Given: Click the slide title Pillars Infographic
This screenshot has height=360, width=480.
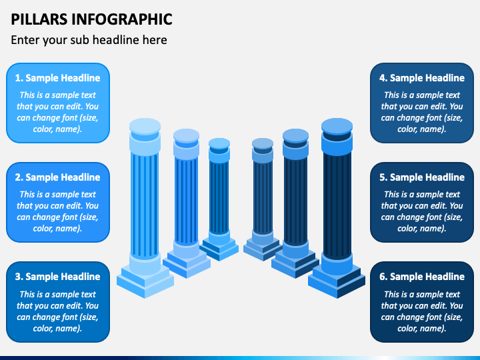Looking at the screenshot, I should click(x=91, y=19).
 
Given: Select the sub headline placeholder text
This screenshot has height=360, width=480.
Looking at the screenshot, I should click(x=89, y=40).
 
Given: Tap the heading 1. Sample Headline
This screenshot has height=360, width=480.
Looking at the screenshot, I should click(x=57, y=78).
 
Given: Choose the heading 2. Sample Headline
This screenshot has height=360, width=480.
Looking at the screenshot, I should click(x=57, y=177).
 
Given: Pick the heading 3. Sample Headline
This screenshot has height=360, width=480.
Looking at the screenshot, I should click(x=57, y=277).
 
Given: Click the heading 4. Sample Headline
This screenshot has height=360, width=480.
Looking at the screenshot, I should click(x=422, y=78).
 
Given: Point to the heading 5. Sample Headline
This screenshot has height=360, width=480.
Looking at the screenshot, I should click(x=422, y=177).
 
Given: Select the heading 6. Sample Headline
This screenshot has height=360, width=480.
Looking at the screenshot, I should click(x=422, y=277).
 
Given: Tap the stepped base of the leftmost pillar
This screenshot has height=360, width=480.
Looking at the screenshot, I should click(x=145, y=276).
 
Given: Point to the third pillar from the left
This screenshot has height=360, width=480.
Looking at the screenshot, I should click(x=219, y=193).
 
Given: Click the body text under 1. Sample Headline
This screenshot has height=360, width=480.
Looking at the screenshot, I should click(x=57, y=112).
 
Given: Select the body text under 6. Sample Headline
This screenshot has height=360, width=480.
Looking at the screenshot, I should click(x=422, y=311).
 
